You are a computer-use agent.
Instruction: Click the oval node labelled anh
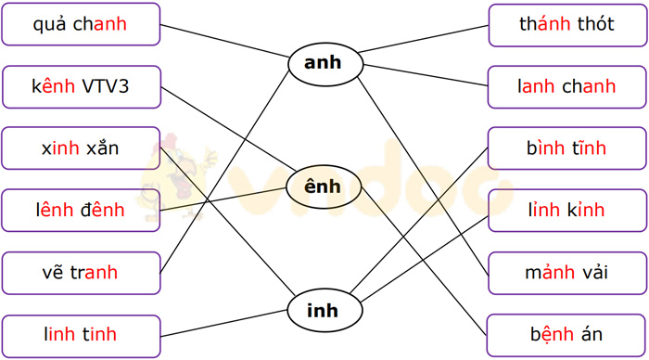[323, 63]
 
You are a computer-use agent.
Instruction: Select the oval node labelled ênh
[323, 187]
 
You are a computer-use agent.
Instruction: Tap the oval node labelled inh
[323, 311]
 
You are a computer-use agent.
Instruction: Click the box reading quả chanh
[81, 24]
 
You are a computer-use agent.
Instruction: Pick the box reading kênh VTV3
[81, 87]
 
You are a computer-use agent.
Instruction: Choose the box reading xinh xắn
[81, 148]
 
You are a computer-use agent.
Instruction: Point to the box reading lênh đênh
[81, 211]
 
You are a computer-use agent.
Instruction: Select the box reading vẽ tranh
[81, 273]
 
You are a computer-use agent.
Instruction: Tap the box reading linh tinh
[81, 335]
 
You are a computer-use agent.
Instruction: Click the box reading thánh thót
[566, 24]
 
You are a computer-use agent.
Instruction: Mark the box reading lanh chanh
[566, 87]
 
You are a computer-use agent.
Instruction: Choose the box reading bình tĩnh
[566, 148]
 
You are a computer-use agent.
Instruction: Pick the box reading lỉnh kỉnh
[566, 211]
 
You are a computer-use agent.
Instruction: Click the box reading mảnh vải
[566, 273]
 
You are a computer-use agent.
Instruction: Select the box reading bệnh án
[566, 335]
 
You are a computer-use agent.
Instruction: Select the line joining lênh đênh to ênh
[223, 199]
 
